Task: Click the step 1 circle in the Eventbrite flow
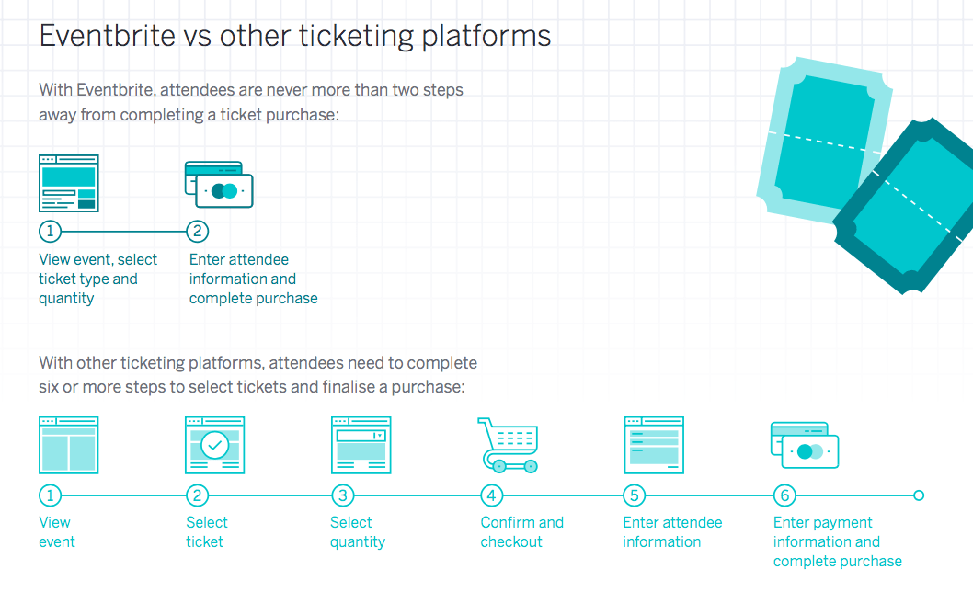[50, 231]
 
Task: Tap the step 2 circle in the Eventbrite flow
[197, 231]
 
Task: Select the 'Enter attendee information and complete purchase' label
[253, 279]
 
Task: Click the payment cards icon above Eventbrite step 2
[219, 184]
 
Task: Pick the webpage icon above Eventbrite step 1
[68, 183]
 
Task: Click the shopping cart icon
[508, 444]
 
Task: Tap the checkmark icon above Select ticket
[214, 445]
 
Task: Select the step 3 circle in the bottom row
[343, 495]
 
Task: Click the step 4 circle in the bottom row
[492, 495]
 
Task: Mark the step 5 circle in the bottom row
[634, 495]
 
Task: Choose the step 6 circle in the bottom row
[784, 495]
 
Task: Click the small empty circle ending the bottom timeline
[918, 495]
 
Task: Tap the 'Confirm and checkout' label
[521, 531]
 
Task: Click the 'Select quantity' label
[358, 531]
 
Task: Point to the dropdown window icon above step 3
[361, 445]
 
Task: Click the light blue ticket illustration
[809, 133]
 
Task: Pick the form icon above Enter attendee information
[654, 445]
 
